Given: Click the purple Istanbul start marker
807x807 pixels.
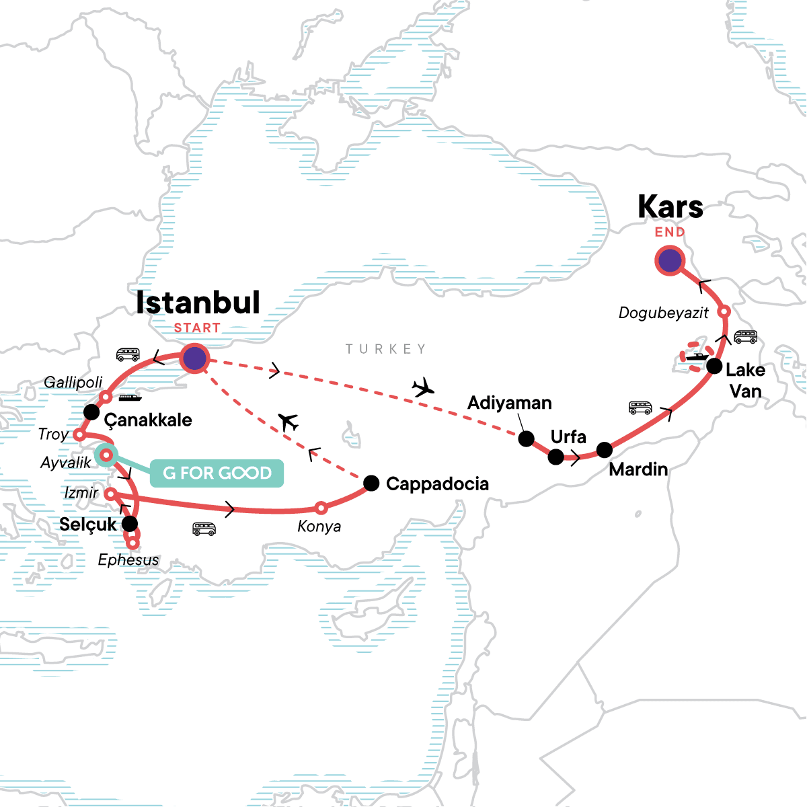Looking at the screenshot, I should (194, 358).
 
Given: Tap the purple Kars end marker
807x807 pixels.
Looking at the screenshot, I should (669, 261).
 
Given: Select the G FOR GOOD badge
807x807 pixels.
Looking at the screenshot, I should (217, 473).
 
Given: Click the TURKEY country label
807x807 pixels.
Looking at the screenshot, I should (386, 349).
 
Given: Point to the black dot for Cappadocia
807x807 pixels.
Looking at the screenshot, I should (371, 482).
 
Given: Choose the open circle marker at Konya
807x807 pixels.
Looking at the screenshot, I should (321, 508).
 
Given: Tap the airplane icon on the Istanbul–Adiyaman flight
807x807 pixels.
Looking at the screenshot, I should (424, 388).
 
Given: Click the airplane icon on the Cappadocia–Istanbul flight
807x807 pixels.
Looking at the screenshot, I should (289, 422).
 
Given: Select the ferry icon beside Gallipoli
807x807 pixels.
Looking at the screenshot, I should (130, 397).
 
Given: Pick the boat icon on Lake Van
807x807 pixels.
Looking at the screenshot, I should (697, 356).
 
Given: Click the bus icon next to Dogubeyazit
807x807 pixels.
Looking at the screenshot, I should (745, 337).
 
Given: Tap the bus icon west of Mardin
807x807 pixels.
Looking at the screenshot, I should (640, 408).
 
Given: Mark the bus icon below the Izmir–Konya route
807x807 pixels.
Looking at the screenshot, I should (204, 529).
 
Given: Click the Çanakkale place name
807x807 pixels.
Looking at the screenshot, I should (148, 420).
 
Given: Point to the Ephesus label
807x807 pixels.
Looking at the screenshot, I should (128, 560).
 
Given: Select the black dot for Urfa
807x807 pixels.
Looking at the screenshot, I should (556, 457).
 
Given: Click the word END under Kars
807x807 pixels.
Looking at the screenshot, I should (670, 232).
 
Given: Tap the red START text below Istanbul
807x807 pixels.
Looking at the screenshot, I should (197, 328).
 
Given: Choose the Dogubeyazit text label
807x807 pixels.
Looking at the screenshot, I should (664, 313).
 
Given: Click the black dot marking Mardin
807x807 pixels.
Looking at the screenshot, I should (605, 450).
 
